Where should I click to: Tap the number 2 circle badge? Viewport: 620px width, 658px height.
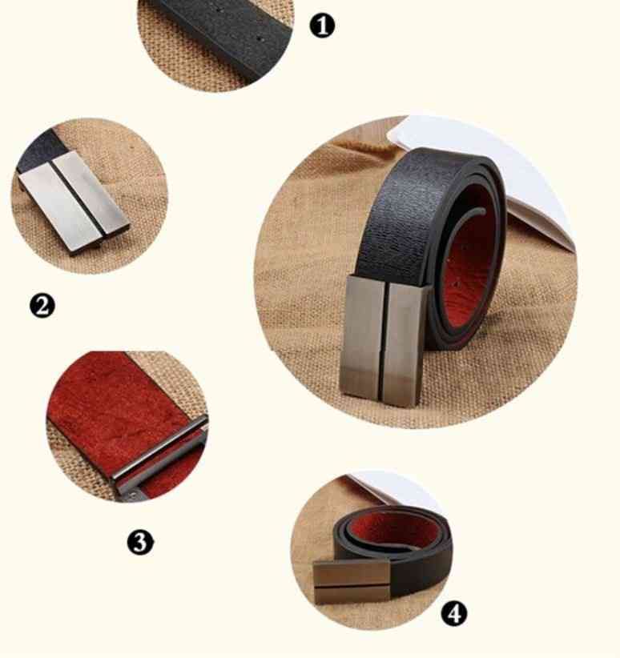[x=42, y=305]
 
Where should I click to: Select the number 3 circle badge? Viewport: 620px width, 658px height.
[x=140, y=542]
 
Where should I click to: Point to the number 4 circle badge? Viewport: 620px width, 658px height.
[x=454, y=613]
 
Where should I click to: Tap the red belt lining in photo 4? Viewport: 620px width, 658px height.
[x=395, y=530]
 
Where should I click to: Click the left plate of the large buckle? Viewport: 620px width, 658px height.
[x=364, y=335]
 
